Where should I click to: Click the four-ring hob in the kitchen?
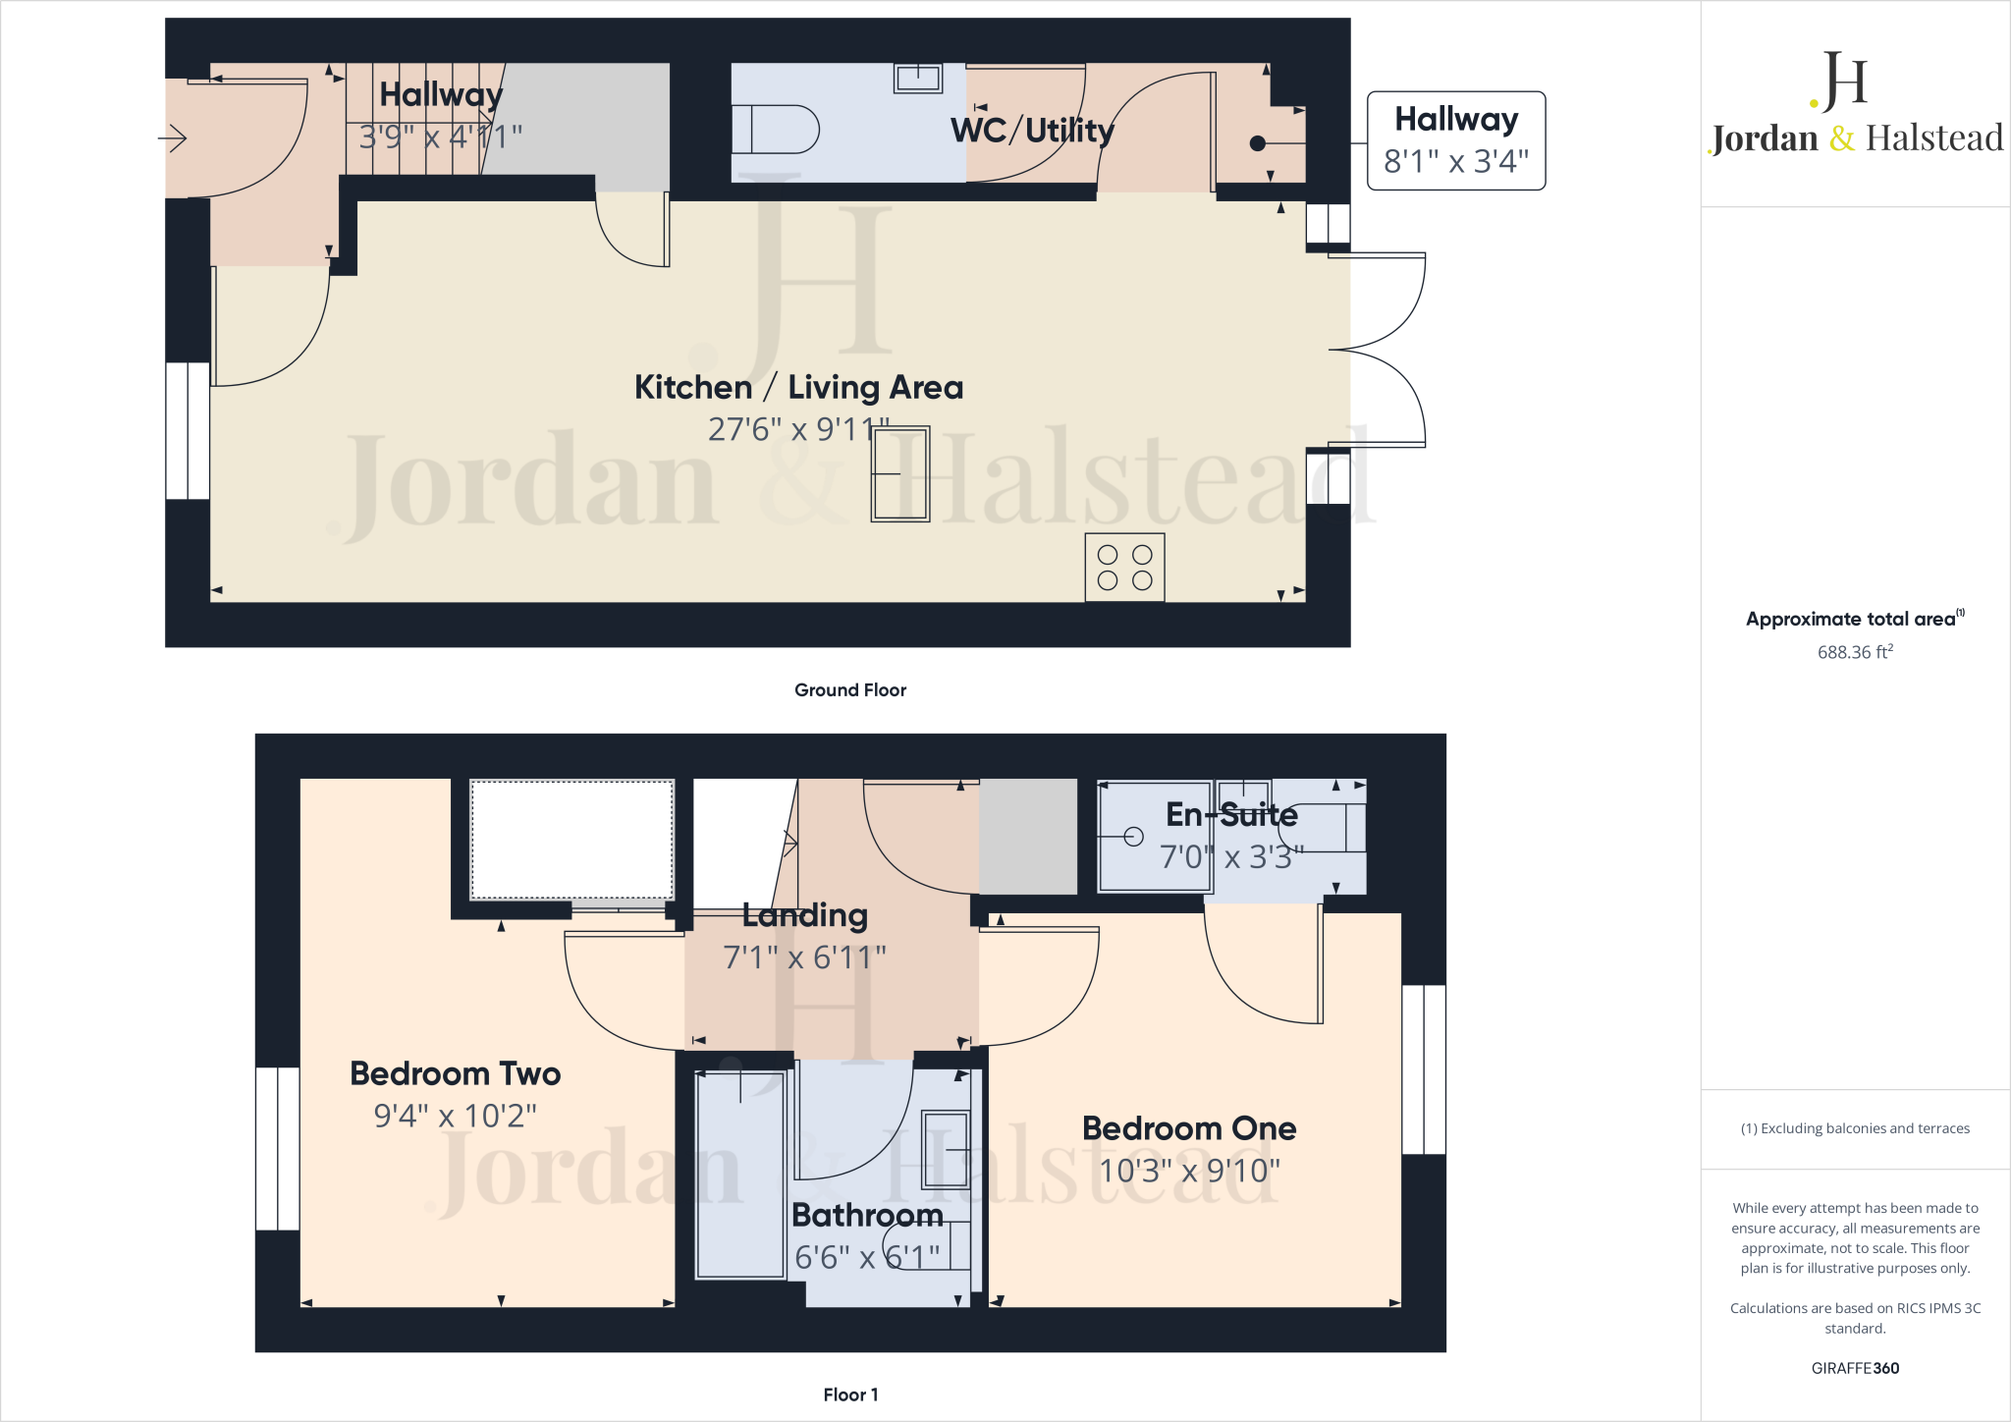[1124, 568]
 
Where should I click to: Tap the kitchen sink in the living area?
[899, 474]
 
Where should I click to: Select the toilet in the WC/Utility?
[775, 130]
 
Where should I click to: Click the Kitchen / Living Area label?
[798, 387]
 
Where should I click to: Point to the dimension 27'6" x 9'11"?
[798, 429]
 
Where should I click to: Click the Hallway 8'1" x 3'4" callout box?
[1455, 140]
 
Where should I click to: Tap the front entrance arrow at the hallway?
[173, 138]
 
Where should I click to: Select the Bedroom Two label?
[455, 1073]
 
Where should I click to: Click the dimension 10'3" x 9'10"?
[1189, 1171]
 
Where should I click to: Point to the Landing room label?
[804, 915]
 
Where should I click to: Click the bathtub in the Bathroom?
[740, 1175]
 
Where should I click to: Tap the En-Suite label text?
[1231, 814]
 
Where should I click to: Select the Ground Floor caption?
[849, 690]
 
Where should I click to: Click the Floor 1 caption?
[850, 1395]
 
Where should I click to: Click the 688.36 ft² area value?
[1854, 652]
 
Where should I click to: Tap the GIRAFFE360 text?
[1854, 1368]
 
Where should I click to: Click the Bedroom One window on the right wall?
[1423, 1068]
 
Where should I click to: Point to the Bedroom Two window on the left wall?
[278, 1148]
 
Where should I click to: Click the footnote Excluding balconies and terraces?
[1854, 1128]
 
